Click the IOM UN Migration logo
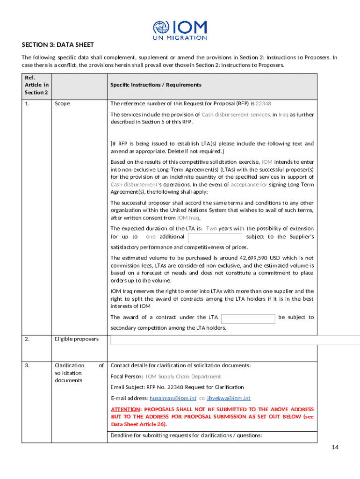(180, 29)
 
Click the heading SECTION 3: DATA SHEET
(58, 45)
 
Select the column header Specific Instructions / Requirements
(156, 85)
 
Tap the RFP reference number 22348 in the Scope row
(264, 103)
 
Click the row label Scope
(62, 103)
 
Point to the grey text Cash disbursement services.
(236, 114)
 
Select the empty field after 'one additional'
(215, 237)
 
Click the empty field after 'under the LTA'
(248, 319)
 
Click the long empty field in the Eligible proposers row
(234, 340)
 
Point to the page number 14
(334, 447)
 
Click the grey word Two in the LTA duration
(211, 228)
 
